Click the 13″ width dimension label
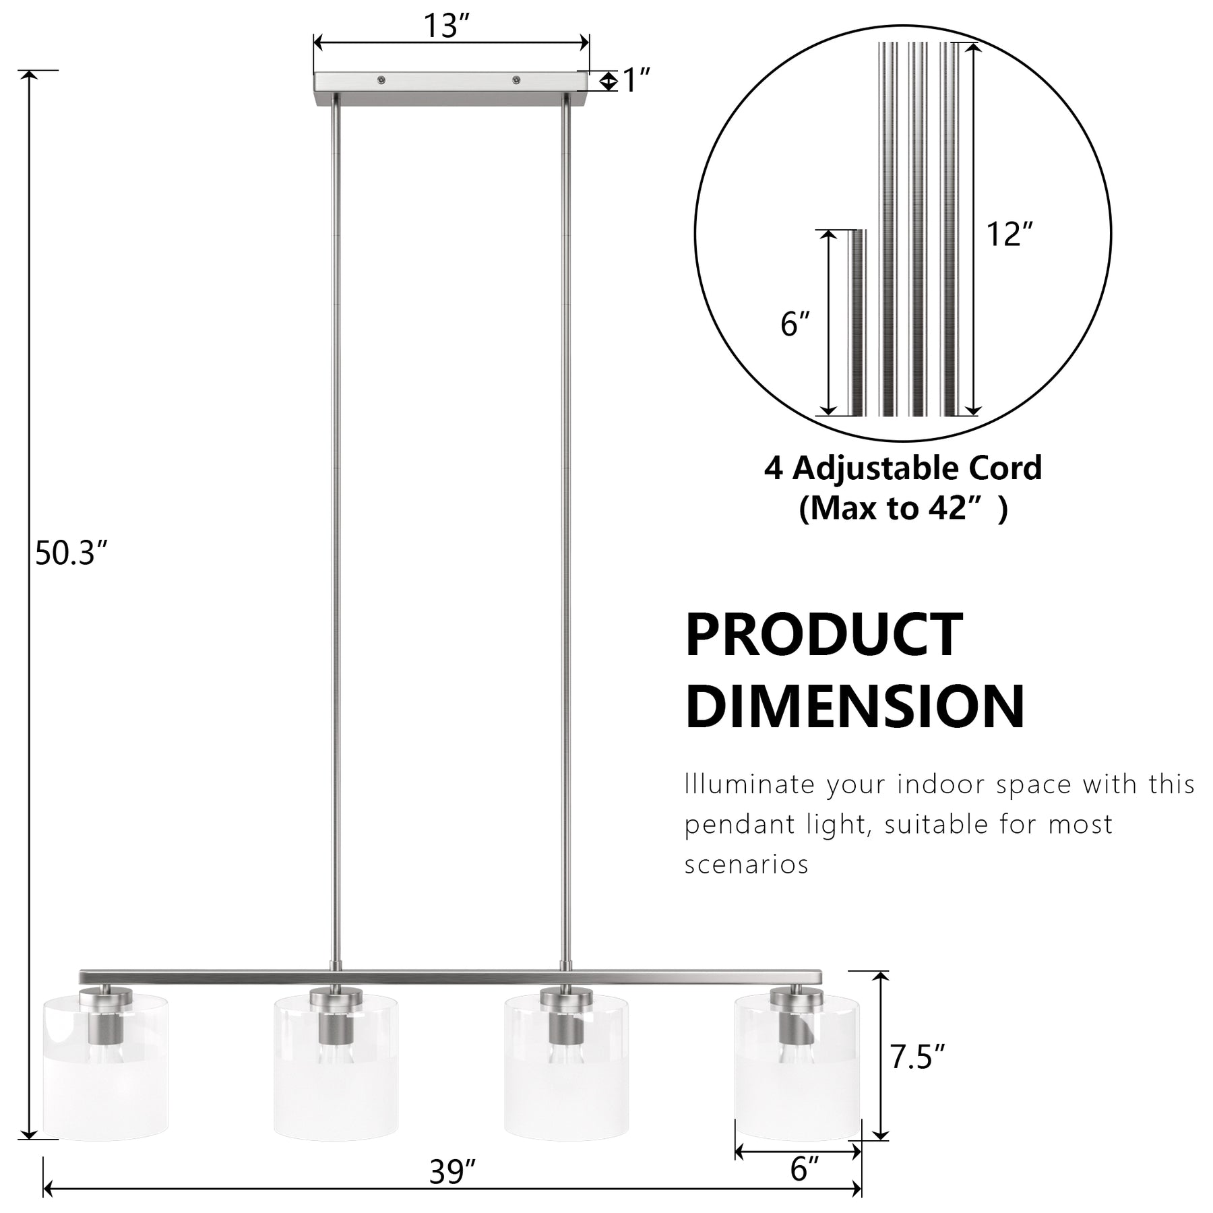(445, 26)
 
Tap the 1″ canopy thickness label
(636, 81)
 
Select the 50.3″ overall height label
(71, 554)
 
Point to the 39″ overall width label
(452, 1173)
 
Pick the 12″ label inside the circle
(1009, 235)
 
